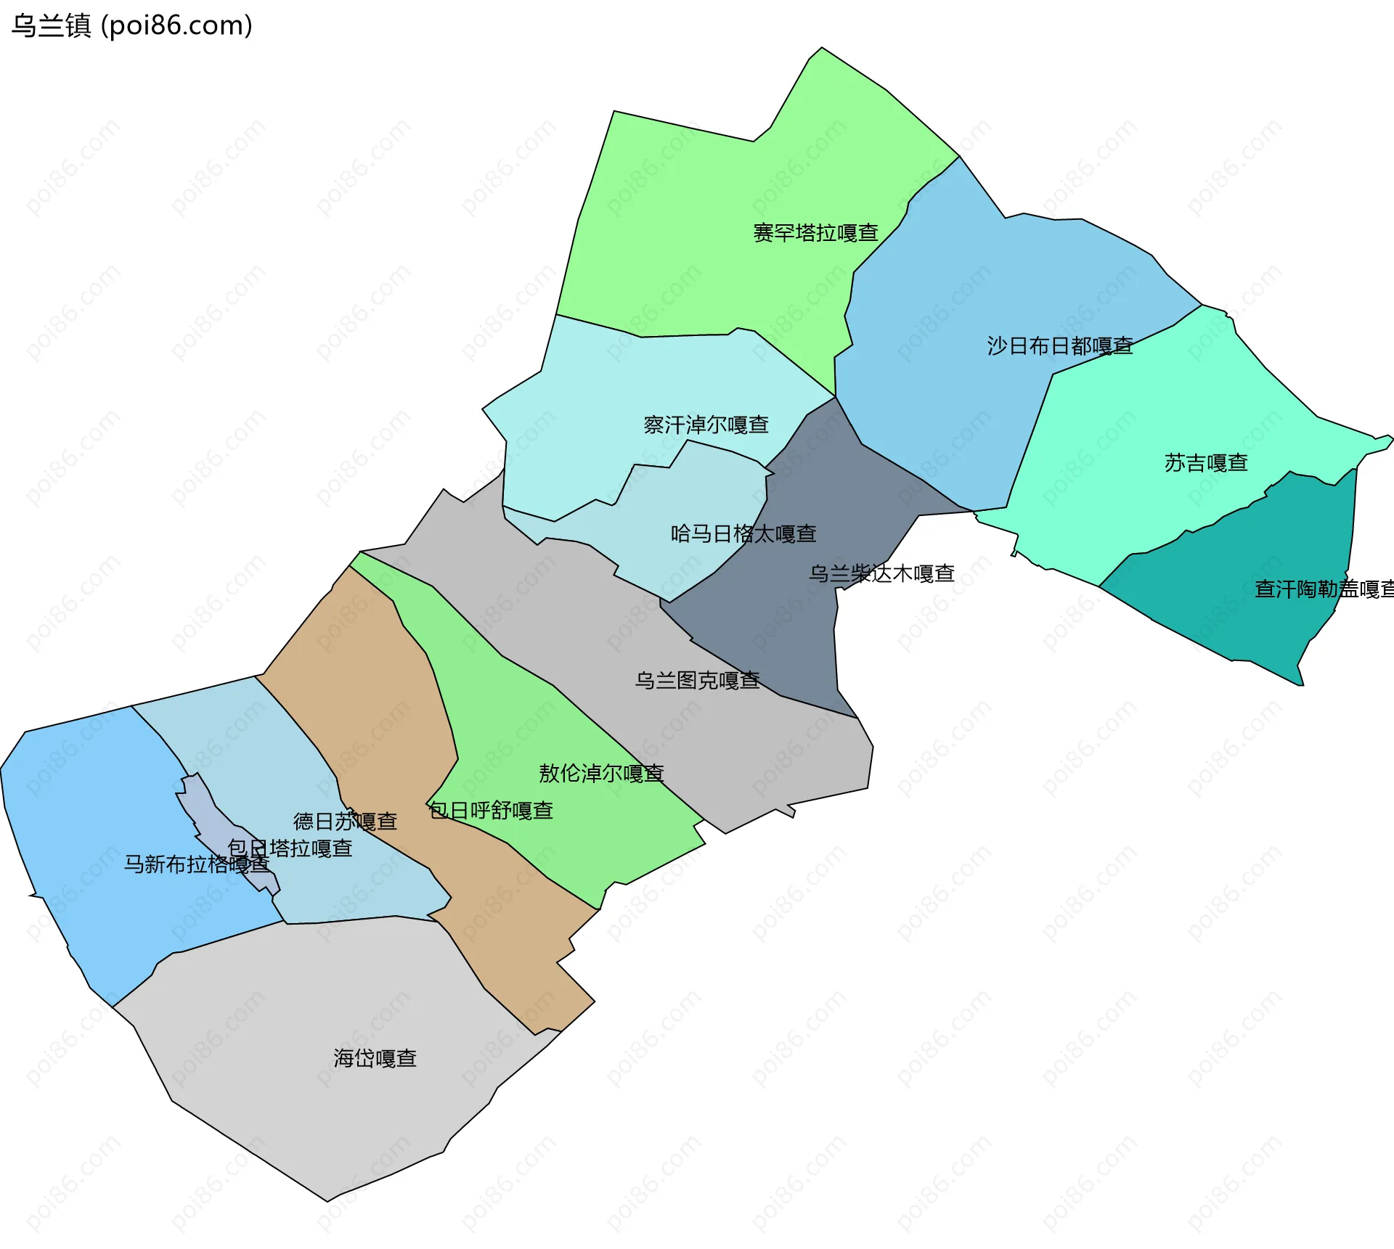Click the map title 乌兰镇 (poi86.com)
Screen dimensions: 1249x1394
131,25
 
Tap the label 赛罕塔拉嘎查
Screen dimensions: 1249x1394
815,233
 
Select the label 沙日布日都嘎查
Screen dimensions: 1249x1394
1060,346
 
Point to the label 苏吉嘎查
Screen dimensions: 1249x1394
1206,463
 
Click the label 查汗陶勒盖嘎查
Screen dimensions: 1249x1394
1324,589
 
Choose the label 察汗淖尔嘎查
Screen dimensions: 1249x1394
706,425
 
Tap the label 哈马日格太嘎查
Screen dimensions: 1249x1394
743,534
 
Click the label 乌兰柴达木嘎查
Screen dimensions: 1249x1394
881,574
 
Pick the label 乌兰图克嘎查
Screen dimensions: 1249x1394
697,680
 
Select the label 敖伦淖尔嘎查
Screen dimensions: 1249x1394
601,774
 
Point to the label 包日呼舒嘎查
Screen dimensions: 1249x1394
491,811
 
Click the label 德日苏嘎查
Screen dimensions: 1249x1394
345,822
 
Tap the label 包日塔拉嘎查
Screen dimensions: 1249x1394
290,848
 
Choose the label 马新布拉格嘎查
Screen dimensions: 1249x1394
196,864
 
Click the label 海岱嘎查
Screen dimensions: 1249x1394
375,1059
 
